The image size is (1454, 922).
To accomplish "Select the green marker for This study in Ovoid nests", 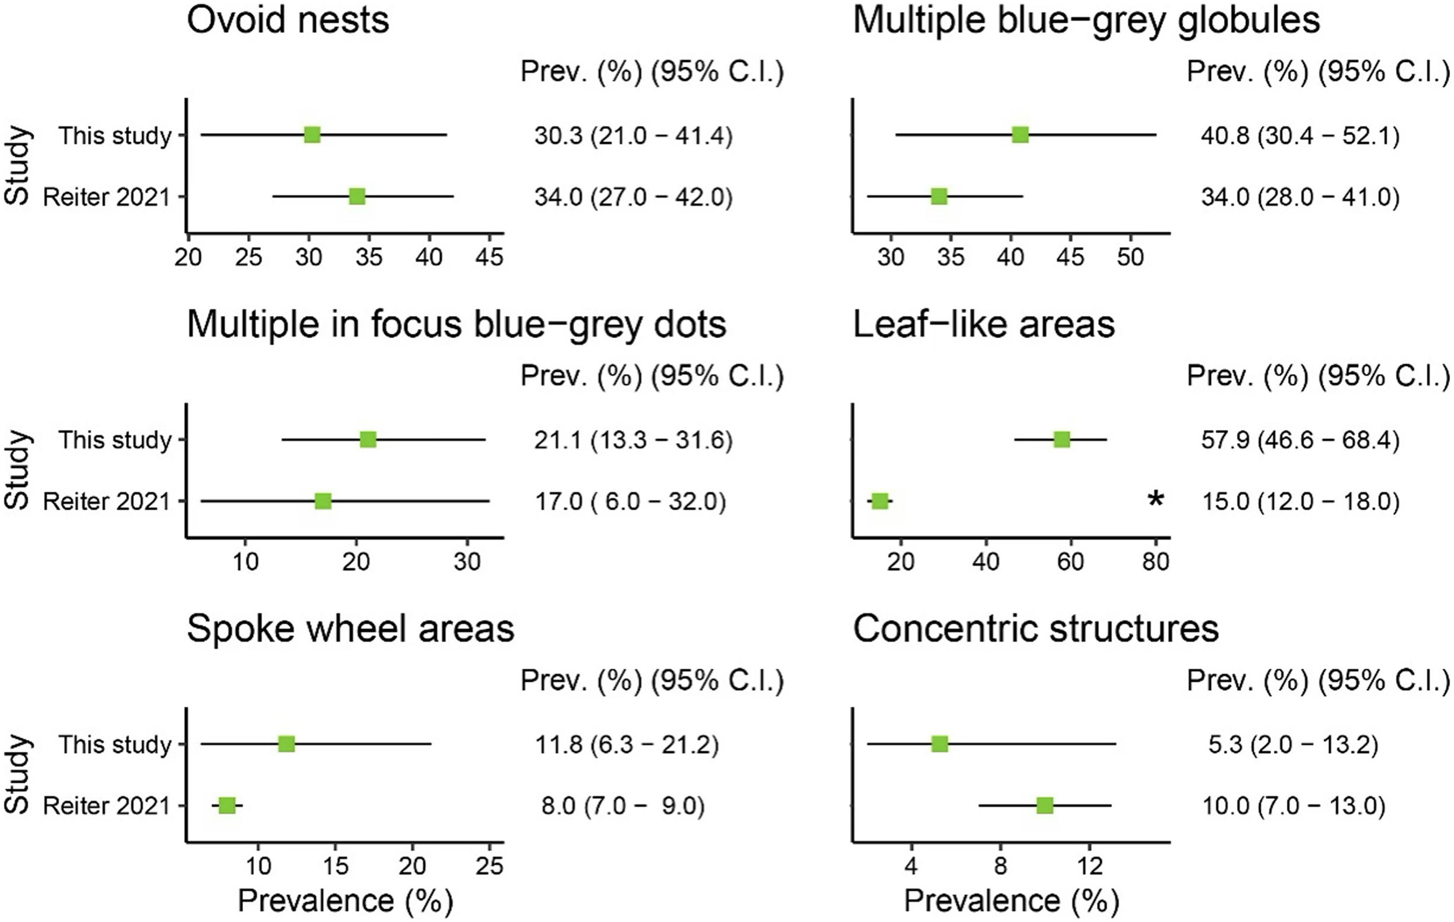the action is pos(312,135).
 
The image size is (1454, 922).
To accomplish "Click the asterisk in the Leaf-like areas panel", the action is pos(1155,500).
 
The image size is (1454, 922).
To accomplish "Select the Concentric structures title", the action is pos(1035,628).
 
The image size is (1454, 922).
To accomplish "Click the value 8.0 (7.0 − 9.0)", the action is pos(623,805).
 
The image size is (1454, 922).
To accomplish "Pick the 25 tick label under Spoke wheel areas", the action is pos(489,866).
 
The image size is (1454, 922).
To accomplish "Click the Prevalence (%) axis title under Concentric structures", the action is pos(1011,901).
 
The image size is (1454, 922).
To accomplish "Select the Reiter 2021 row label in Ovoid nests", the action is pos(107,197).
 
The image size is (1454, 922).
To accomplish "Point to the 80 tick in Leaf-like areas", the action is pos(1156,562).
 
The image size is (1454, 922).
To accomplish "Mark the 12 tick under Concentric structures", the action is pos(1090,866).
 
